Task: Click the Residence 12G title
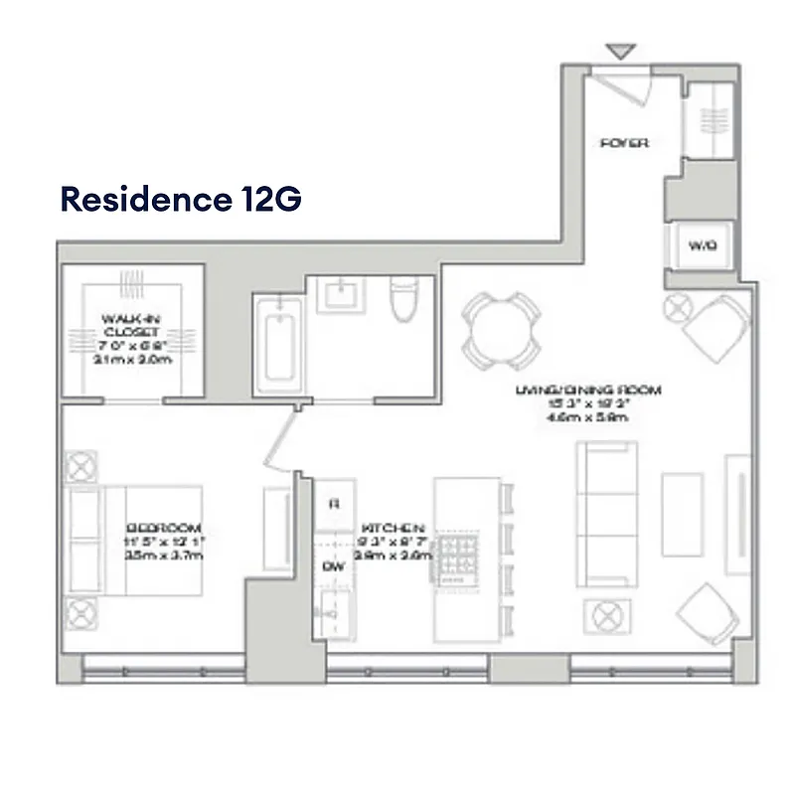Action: point(181,199)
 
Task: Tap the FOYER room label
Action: point(625,143)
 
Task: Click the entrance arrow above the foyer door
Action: point(620,51)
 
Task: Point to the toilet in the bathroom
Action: point(402,300)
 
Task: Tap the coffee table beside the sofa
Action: point(683,511)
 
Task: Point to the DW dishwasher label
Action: point(332,565)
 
